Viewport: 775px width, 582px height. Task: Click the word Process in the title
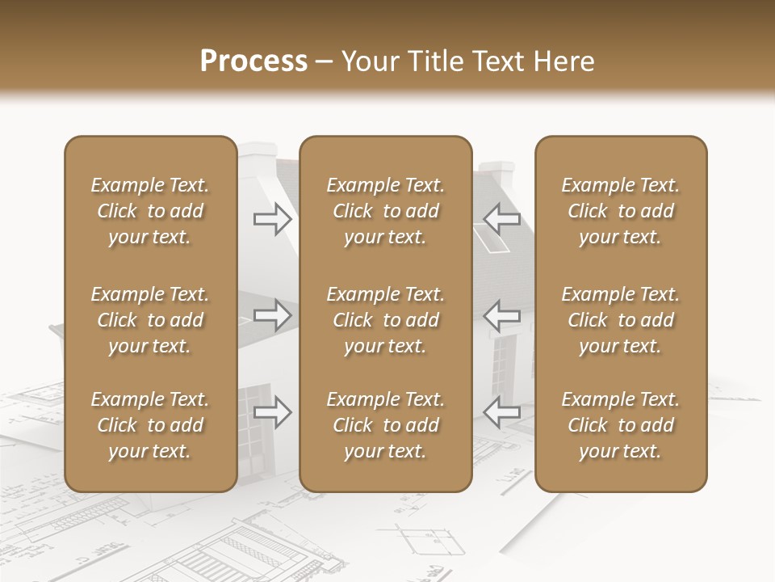(x=253, y=61)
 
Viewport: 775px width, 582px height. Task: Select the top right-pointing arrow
(x=272, y=219)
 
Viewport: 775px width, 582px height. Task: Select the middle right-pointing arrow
(x=272, y=315)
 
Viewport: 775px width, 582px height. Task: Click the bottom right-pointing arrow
(x=272, y=411)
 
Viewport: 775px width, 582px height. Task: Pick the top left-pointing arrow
(x=502, y=219)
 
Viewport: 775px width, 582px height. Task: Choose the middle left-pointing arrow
(x=502, y=315)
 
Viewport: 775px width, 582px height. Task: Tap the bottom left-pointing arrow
(x=502, y=411)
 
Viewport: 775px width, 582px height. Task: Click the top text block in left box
(x=150, y=211)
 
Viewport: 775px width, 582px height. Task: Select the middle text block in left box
(x=150, y=320)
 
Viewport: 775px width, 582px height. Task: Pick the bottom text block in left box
(x=150, y=425)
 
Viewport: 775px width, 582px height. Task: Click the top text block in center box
(x=385, y=211)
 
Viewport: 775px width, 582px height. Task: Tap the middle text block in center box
(x=385, y=320)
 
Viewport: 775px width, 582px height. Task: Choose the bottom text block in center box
(x=385, y=425)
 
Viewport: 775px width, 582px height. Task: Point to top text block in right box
(x=620, y=211)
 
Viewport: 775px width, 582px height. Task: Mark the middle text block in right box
(x=620, y=320)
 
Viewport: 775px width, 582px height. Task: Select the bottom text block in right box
(x=620, y=425)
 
